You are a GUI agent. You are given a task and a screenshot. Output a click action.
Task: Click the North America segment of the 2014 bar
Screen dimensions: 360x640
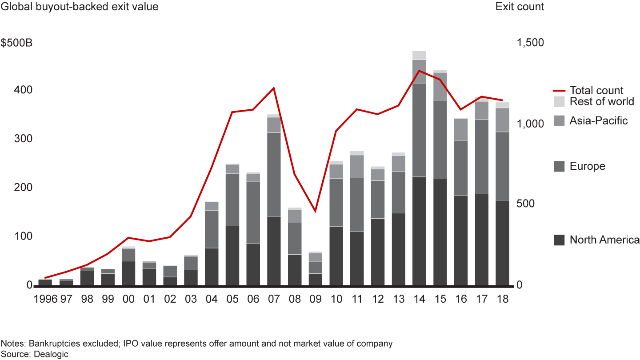[419, 231]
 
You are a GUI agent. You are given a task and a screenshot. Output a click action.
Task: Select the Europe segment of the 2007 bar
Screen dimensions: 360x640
[274, 174]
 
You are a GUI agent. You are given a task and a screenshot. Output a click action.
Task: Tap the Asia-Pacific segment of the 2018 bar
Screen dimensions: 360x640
[502, 120]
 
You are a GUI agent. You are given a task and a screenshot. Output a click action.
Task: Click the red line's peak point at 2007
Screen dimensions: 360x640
[274, 88]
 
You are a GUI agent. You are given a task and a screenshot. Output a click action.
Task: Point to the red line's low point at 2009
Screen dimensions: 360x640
[315, 211]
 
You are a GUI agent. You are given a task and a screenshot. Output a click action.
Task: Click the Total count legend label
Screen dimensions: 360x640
[596, 91]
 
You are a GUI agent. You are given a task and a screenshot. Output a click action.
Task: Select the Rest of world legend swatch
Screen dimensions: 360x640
[560, 101]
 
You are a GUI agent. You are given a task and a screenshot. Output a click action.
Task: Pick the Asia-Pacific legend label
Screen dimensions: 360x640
[598, 120]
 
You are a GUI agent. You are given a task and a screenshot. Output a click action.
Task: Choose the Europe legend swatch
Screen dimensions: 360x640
[560, 166]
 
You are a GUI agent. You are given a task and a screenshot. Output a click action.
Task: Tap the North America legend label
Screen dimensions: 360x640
[604, 240]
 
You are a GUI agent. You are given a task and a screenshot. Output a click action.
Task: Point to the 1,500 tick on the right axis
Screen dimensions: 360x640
[529, 43]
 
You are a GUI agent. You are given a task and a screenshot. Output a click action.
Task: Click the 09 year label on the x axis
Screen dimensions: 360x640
[315, 299]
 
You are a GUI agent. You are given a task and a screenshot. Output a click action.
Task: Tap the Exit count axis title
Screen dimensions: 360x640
[520, 7]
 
